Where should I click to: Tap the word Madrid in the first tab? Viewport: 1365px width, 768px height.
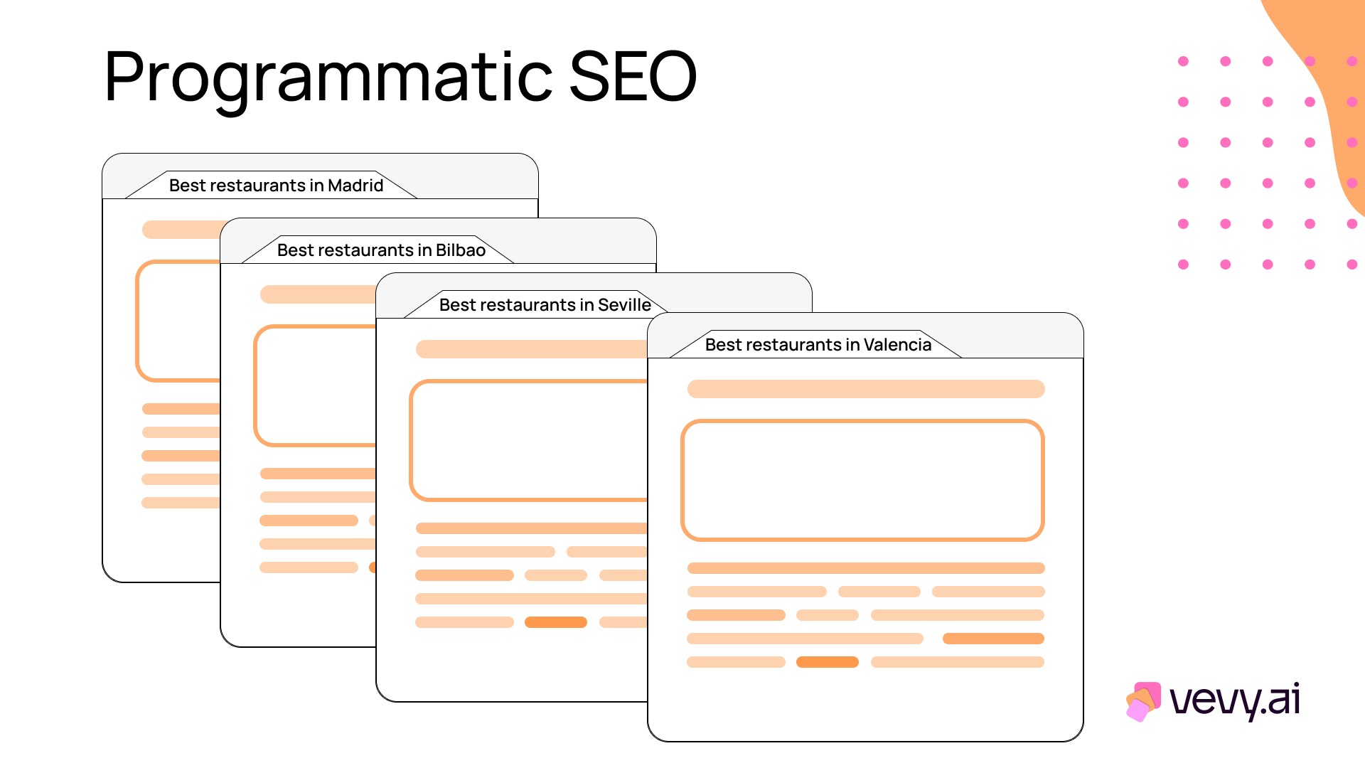pyautogui.click(x=355, y=186)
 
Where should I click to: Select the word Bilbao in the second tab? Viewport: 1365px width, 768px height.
pyautogui.click(x=461, y=250)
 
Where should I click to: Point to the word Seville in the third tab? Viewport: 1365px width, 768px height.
pyautogui.click(x=624, y=305)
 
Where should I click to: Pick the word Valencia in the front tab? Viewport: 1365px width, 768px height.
pyautogui.click(x=897, y=345)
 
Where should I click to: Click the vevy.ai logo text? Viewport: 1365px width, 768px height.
pyautogui.click(x=1235, y=700)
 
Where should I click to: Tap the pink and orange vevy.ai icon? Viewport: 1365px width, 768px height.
pyautogui.click(x=1143, y=701)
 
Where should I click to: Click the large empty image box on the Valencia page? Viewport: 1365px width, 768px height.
pyautogui.click(x=862, y=480)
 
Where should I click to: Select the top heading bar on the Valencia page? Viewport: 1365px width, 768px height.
pyautogui.click(x=866, y=389)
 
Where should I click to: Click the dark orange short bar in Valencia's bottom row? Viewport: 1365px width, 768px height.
pyautogui.click(x=828, y=662)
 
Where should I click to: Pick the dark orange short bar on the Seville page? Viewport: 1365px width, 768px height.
pyautogui.click(x=556, y=622)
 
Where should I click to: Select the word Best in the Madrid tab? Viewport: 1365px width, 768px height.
pyautogui.click(x=188, y=186)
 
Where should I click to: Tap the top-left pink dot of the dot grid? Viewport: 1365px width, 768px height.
pyautogui.click(x=1183, y=61)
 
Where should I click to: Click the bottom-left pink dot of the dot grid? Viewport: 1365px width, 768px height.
pyautogui.click(x=1183, y=265)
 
